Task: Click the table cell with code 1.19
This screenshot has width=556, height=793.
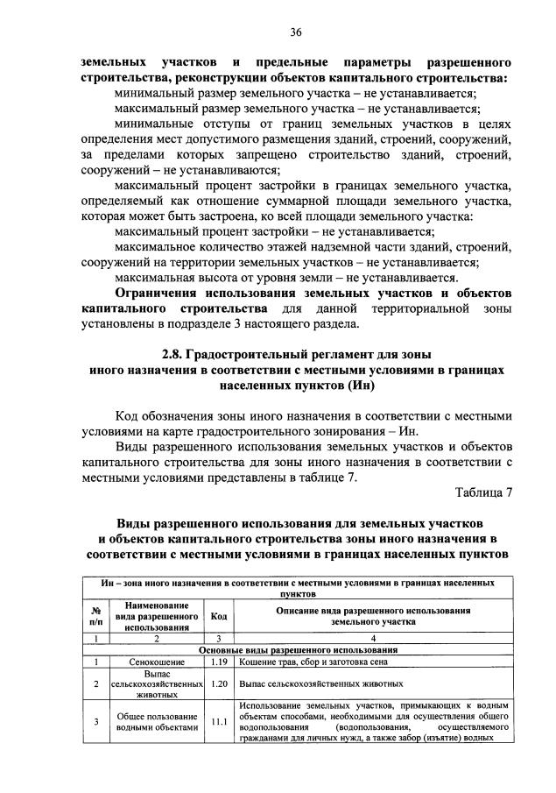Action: [219, 662]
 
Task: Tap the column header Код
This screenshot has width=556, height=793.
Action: [219, 616]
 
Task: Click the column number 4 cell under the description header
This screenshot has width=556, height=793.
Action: [372, 639]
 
